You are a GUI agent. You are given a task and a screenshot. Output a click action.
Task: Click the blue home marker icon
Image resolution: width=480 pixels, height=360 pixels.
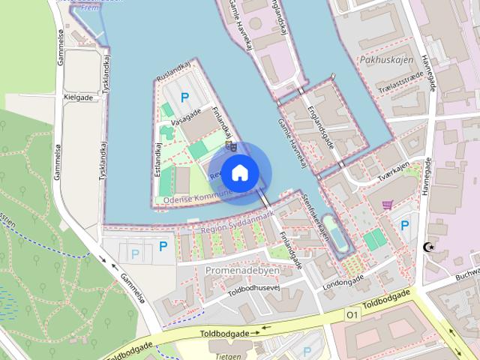(238, 173)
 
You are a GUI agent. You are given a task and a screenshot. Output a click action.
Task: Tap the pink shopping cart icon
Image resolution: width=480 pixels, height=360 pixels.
(387, 204)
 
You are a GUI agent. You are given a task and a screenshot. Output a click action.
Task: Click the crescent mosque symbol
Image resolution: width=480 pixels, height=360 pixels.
(429, 247)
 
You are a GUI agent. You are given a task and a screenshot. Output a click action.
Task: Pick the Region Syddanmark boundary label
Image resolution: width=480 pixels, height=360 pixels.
(233, 223)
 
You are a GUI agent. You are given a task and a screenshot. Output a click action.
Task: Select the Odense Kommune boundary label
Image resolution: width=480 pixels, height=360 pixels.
(193, 199)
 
